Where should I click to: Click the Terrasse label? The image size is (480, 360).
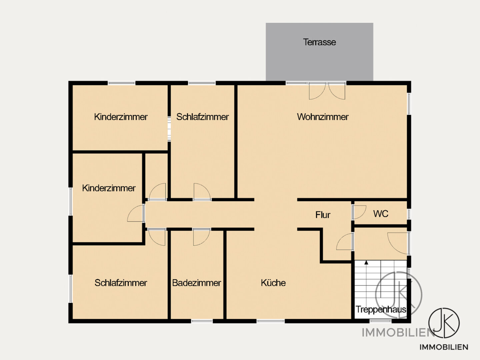319,42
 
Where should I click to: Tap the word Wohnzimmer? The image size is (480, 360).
323,117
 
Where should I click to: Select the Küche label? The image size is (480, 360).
273,283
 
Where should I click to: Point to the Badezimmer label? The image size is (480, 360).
197,283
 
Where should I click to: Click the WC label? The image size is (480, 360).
381,214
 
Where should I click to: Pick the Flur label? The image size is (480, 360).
323,215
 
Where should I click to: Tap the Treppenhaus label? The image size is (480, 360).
381,310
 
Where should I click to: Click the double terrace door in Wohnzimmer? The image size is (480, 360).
327,91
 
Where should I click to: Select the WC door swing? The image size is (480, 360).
359,212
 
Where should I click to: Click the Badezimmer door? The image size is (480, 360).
202,237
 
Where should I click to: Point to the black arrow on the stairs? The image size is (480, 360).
366,263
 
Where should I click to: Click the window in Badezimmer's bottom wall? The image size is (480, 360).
202,321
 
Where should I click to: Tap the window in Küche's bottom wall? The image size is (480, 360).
271,321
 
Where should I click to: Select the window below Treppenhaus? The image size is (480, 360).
381,321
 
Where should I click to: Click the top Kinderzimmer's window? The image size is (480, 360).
121,83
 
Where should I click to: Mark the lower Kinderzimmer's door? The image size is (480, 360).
136,213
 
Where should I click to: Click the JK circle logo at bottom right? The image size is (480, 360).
444,323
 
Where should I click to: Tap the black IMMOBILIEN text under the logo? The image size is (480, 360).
444,347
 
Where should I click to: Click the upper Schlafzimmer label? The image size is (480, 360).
202,117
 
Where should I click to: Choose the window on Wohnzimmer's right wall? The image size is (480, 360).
409,104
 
